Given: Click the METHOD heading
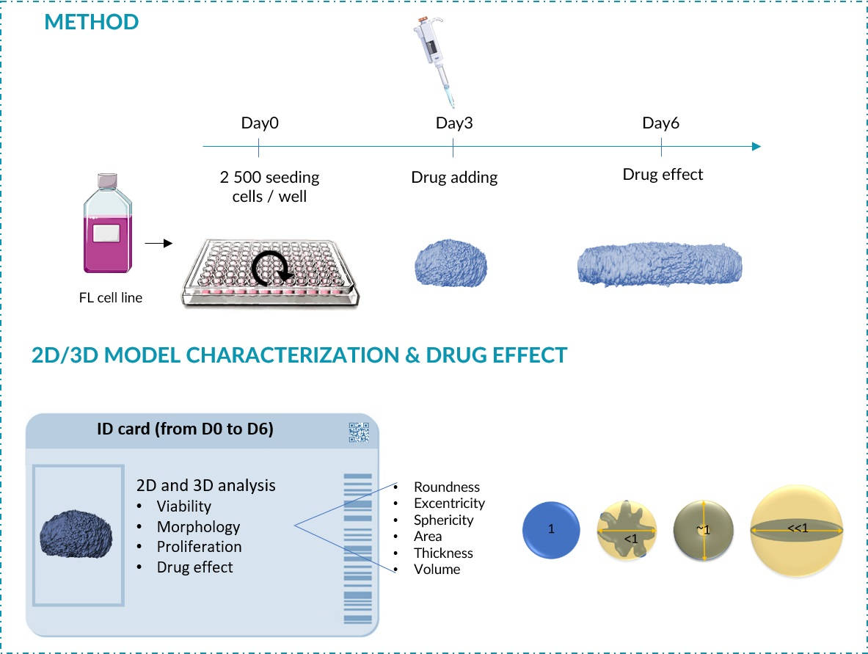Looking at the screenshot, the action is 91,21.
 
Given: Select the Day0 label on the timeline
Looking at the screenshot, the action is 260,123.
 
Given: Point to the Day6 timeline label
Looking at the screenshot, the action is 660,123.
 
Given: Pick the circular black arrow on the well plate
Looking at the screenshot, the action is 272,271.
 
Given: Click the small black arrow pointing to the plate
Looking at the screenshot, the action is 158,243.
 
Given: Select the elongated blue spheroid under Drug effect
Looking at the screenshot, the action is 660,263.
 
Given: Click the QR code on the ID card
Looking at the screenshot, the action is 358,433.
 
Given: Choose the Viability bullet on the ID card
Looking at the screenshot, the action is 183,506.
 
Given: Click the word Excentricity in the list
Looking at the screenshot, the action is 449,504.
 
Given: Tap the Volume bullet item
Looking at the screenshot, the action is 437,569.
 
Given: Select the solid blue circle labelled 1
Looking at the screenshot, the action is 551,530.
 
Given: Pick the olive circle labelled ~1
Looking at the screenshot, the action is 703,530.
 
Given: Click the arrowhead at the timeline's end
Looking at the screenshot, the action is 756,146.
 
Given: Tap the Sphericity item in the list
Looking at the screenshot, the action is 443,520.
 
